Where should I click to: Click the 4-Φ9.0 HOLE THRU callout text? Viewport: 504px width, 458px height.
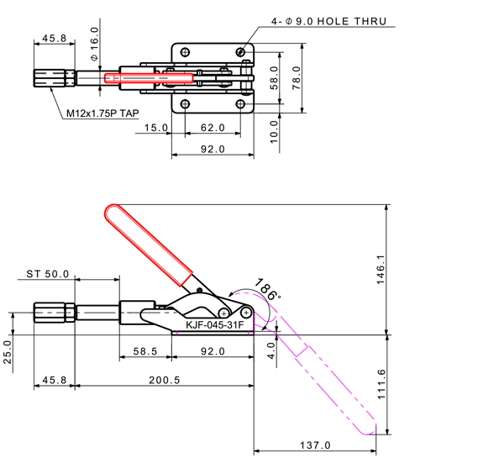pyautogui.click(x=328, y=20)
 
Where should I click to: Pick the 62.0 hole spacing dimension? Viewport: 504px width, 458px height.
pyautogui.click(x=213, y=129)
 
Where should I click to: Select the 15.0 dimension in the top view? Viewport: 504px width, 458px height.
pyautogui.click(x=156, y=129)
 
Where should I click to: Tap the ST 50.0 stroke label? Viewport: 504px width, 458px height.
pyautogui.click(x=47, y=274)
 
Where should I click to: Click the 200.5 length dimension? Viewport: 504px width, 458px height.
pyautogui.click(x=164, y=380)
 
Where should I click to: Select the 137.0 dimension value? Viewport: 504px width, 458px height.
pyautogui.click(x=315, y=445)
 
